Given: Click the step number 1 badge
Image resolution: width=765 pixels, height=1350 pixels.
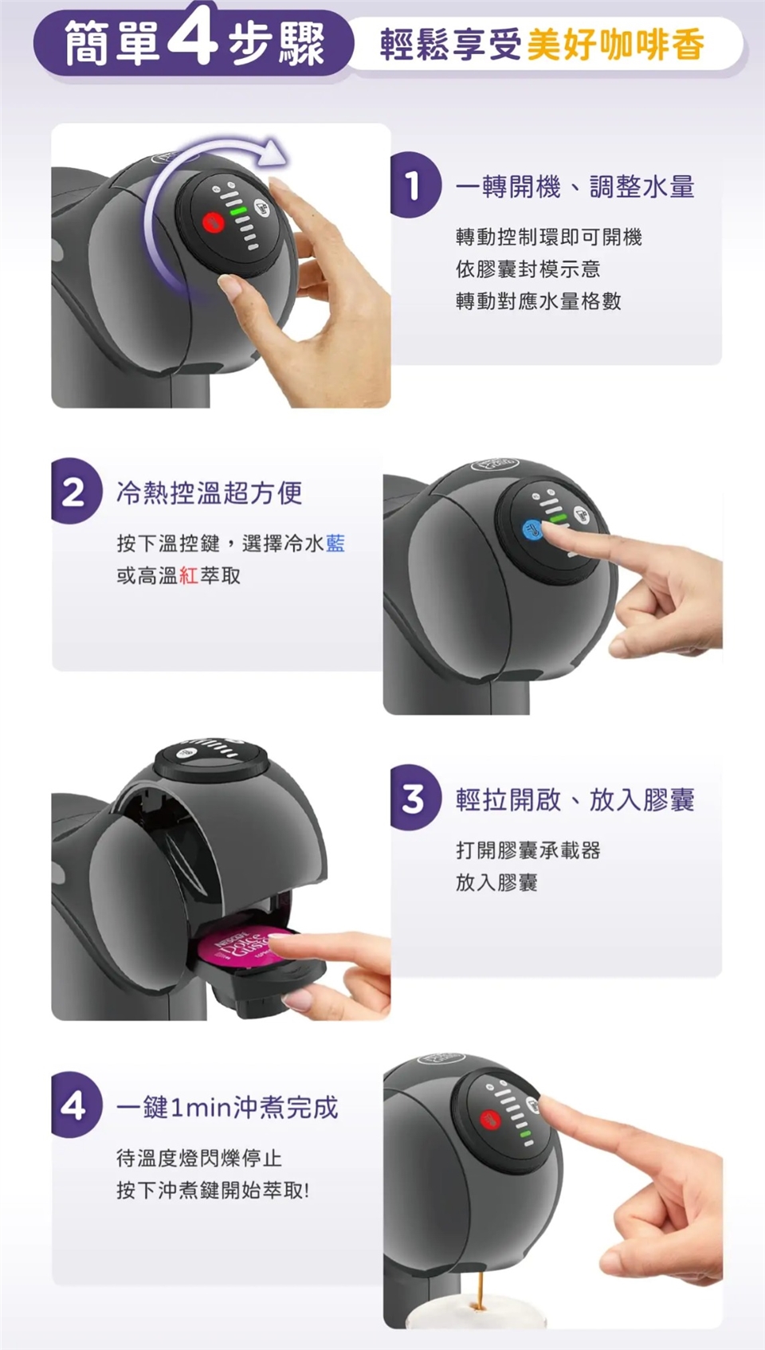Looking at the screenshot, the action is click(414, 184).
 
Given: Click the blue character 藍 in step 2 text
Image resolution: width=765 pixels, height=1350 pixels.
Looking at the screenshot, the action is click(335, 544).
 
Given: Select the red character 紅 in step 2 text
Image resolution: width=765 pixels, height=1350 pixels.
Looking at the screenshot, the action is click(189, 576).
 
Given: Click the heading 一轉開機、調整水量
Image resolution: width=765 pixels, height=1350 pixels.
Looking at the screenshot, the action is click(575, 186).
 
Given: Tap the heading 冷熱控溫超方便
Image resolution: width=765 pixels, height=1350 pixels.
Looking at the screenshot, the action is click(210, 493).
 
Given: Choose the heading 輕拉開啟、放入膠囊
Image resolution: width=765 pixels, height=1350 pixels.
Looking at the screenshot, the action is click(575, 800).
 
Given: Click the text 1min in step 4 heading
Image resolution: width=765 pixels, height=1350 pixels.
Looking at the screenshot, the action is click(200, 1108).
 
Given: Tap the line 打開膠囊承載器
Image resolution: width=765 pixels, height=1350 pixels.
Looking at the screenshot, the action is click(528, 850).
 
